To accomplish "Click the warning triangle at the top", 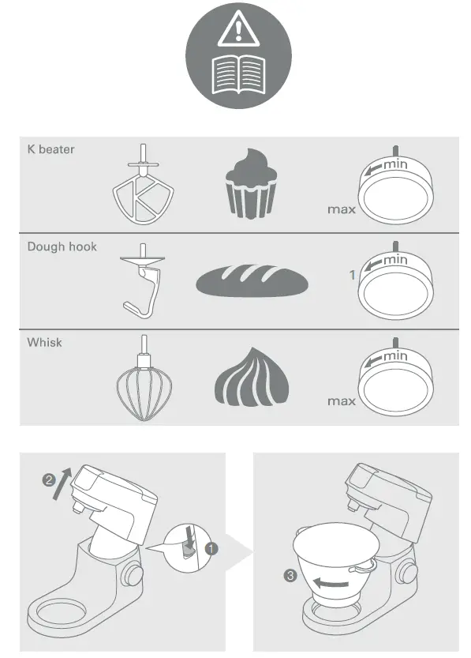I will [x=237, y=31].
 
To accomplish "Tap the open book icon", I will [x=237, y=75].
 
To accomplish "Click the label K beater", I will [x=51, y=149].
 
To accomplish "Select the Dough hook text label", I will [x=62, y=246].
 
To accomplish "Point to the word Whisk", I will [x=45, y=343].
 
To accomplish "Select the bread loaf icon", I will [x=251, y=280].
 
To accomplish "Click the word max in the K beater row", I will [x=341, y=210].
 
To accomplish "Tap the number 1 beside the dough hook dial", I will [x=353, y=276].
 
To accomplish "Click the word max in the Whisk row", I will [x=341, y=401].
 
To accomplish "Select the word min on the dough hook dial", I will [x=395, y=259].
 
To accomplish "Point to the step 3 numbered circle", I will [x=290, y=576].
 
